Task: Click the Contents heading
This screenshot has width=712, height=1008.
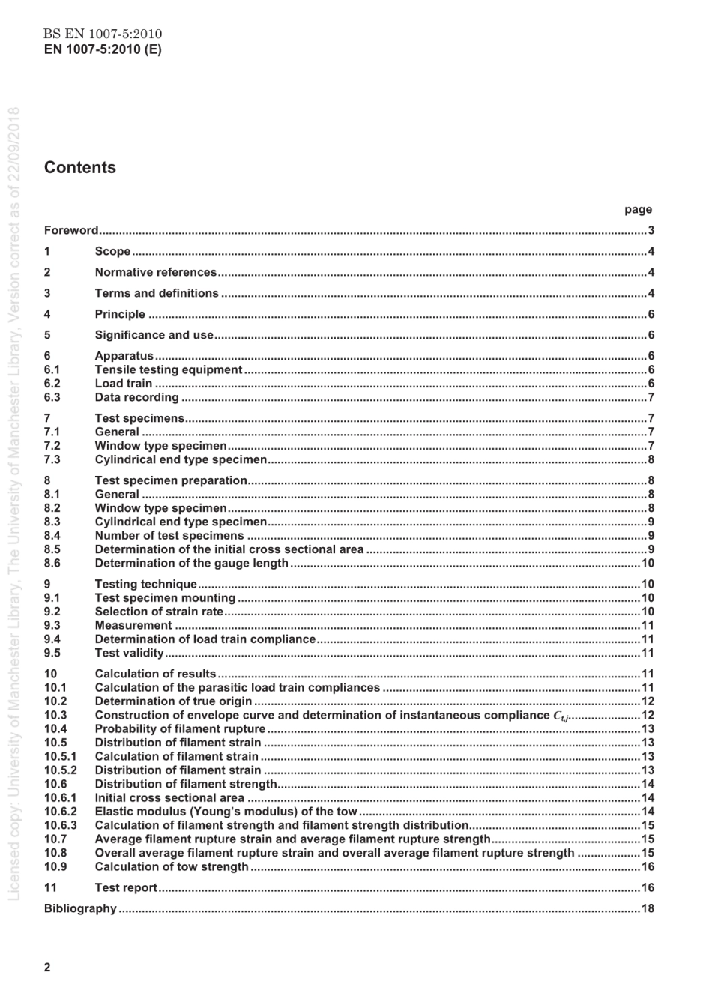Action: pyautogui.click(x=80, y=168)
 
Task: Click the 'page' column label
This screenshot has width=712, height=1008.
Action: pyautogui.click(x=638, y=210)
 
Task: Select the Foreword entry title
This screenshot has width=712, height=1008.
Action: pyautogui.click(x=71, y=230)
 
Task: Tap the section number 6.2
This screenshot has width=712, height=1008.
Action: pyautogui.click(x=52, y=384)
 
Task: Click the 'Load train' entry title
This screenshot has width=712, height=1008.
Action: pyautogui.click(x=123, y=384)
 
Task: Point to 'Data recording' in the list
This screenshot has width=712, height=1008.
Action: pyautogui.click(x=136, y=397)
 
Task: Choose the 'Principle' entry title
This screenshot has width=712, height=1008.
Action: pyautogui.click(x=120, y=314)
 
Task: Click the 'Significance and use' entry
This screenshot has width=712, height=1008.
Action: pyautogui.click(x=154, y=335)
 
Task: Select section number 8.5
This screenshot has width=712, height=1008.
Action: pyautogui.click(x=52, y=549)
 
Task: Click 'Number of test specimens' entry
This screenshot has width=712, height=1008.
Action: pyautogui.click(x=169, y=536)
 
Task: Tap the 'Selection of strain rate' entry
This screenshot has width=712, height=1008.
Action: pyautogui.click(x=159, y=612)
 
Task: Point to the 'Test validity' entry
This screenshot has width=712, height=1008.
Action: pyautogui.click(x=129, y=653)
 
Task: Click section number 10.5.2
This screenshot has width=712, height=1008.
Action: pyautogui.click(x=60, y=770)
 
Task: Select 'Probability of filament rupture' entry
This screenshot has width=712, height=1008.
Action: pyautogui.click(x=180, y=729)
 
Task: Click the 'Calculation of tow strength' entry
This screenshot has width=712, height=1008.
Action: pyautogui.click(x=172, y=867)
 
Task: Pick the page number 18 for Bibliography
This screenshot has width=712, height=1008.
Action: pyautogui.click(x=648, y=908)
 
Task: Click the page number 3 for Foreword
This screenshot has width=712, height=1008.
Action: pyautogui.click(x=651, y=230)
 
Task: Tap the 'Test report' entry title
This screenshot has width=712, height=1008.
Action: pyautogui.click(x=126, y=887)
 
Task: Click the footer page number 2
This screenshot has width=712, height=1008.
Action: pyautogui.click(x=48, y=967)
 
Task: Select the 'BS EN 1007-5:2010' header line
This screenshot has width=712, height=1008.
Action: pyautogui.click(x=103, y=34)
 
